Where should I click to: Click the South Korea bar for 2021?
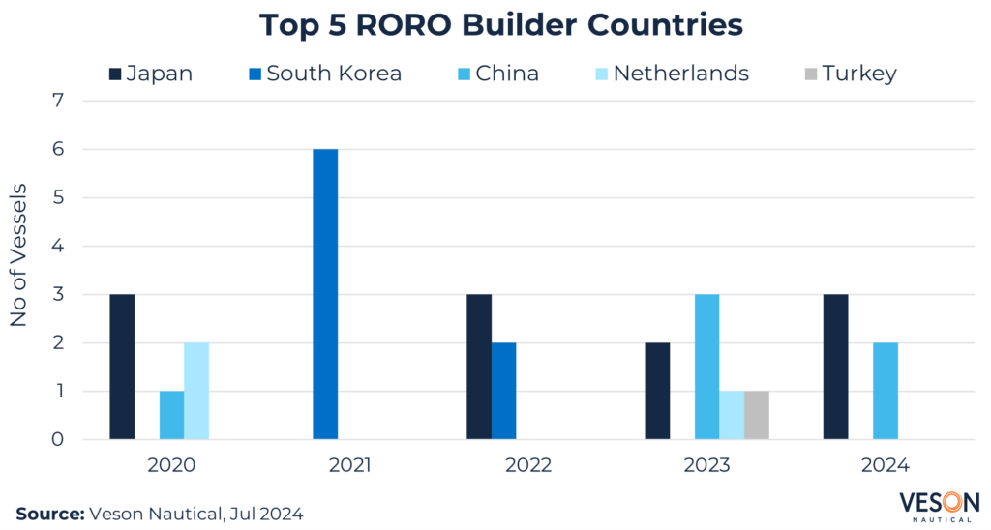(x=325, y=294)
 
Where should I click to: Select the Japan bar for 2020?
(x=122, y=367)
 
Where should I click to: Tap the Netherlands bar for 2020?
(x=196, y=391)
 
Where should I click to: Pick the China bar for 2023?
(x=706, y=367)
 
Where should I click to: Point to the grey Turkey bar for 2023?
(x=757, y=415)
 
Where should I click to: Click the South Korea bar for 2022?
(x=503, y=391)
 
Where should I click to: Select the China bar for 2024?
(x=886, y=391)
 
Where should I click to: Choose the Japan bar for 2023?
(x=657, y=391)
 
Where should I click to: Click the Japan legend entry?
(x=151, y=73)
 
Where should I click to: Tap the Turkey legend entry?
(x=851, y=73)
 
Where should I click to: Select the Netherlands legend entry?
(x=671, y=73)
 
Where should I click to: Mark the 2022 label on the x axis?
(x=528, y=465)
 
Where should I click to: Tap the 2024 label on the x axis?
(x=885, y=465)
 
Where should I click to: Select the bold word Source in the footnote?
(x=48, y=512)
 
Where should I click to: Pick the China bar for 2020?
(x=171, y=415)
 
